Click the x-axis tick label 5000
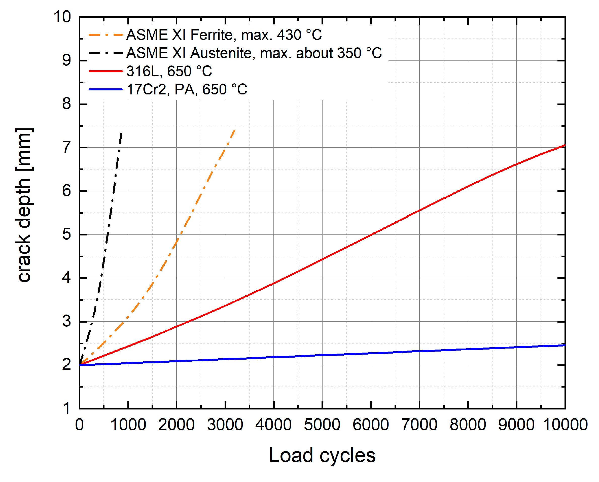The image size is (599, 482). [x=322, y=425]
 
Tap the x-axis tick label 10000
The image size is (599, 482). [x=565, y=425]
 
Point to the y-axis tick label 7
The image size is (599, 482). [x=67, y=148]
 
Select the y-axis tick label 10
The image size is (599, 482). [x=62, y=17]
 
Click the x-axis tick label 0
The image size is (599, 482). [x=80, y=425]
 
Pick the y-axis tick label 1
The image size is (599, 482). [x=67, y=409]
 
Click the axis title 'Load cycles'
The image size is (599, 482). [x=322, y=456]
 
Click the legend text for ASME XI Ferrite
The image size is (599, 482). [x=224, y=35]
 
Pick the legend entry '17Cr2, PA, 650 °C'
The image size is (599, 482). [x=187, y=89]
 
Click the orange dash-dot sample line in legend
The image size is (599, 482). [x=105, y=35]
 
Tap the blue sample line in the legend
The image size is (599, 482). [x=105, y=89]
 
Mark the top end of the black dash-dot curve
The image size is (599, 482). [x=121, y=133]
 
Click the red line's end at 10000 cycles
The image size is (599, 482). [x=565, y=145]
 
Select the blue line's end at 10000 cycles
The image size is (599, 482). [x=565, y=345]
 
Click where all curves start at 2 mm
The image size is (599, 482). [x=80, y=365]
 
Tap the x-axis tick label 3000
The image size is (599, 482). [x=225, y=425]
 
